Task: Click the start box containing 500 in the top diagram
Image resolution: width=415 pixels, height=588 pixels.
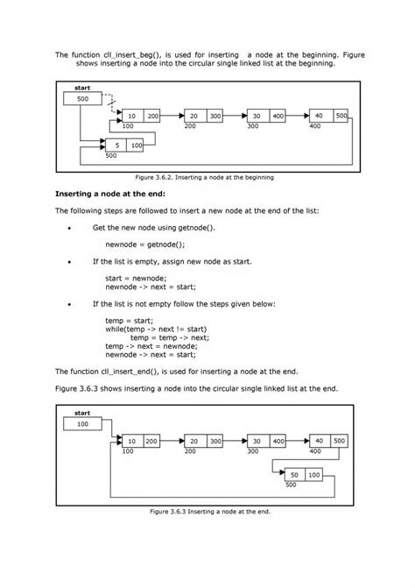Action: click(83, 99)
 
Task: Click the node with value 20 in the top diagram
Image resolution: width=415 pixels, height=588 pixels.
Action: click(202, 116)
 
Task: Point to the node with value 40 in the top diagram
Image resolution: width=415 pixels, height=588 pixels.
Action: click(328, 116)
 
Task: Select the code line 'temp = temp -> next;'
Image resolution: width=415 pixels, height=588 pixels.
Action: click(170, 337)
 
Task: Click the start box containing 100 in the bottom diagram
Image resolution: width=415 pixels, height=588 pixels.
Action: click(83, 424)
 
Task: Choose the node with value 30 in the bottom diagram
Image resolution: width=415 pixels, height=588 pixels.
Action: click(266, 441)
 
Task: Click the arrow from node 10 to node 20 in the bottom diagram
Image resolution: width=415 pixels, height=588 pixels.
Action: click(172, 441)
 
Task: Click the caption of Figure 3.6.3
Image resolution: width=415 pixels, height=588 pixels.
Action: click(207, 511)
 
